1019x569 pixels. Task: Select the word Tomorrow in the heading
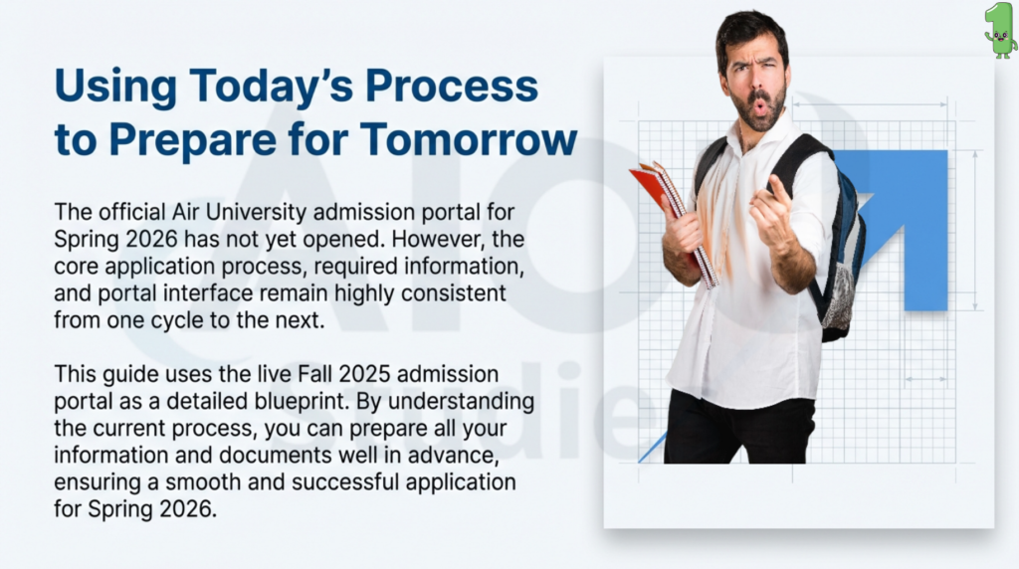469,139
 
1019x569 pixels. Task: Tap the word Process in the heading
451,87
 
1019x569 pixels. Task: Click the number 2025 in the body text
364,374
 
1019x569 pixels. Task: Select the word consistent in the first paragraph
453,292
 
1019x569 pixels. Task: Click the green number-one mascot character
1000,30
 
